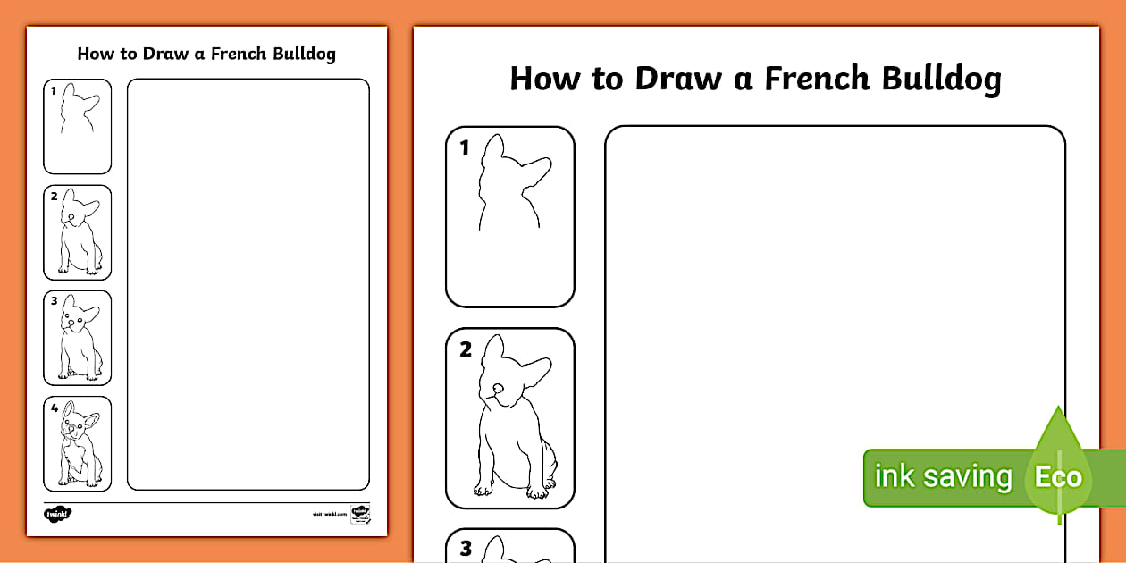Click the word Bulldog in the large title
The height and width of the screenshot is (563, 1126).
coord(941,79)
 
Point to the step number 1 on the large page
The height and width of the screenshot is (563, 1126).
coord(464,148)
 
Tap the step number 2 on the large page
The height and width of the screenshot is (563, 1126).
coord(465,350)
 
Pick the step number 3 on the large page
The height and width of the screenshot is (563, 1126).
coord(465,549)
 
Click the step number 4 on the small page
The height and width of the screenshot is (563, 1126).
coord(55,408)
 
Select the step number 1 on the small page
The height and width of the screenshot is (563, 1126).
coord(54,90)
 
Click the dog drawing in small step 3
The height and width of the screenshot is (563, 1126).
coord(79,338)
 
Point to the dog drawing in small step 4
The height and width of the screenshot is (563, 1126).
coord(79,444)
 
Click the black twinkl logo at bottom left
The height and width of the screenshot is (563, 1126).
coord(57,514)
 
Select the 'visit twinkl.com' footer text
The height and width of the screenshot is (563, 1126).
coord(328,515)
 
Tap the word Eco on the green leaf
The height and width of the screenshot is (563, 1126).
coord(1058,476)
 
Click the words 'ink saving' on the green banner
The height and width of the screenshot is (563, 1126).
coord(943,476)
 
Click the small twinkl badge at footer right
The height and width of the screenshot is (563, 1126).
coord(360,514)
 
